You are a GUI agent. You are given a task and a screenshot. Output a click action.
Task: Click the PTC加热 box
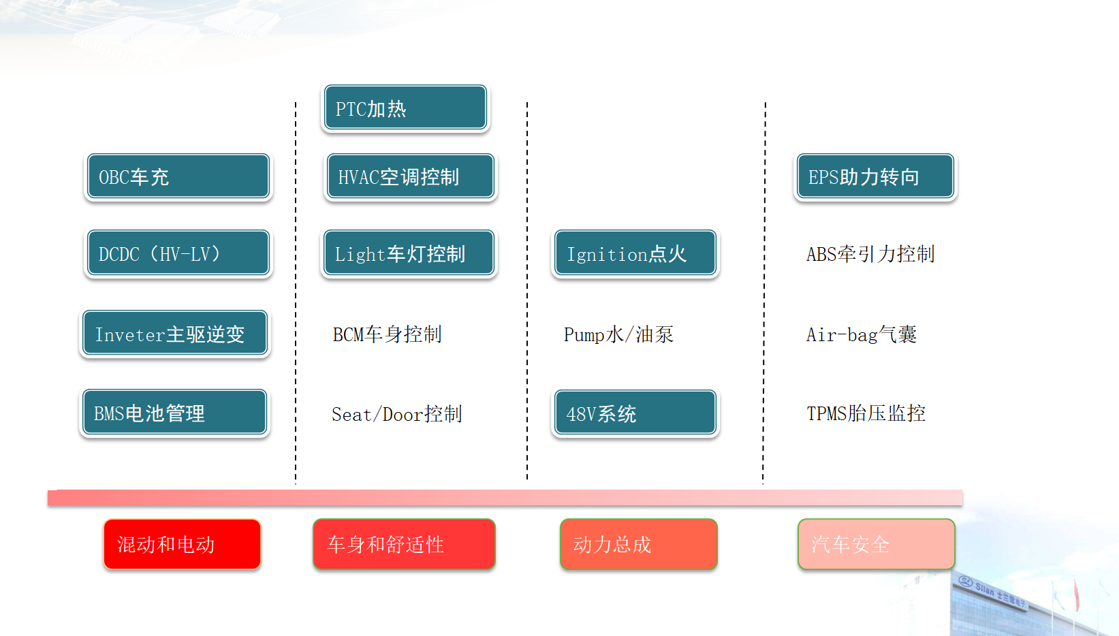(405, 108)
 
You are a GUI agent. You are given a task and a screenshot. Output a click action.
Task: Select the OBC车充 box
(178, 176)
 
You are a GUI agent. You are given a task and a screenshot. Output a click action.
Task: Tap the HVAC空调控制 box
(410, 176)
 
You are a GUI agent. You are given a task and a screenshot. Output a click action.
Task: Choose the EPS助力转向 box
(875, 176)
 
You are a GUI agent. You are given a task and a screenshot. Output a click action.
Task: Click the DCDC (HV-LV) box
(178, 253)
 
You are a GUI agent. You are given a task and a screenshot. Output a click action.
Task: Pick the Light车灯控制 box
(409, 253)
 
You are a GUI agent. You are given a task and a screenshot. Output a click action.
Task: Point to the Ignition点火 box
(635, 253)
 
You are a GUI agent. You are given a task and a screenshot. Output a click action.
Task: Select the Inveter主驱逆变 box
(175, 333)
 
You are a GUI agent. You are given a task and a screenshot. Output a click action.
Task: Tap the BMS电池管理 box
(175, 412)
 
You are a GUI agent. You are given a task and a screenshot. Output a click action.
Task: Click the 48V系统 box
(635, 413)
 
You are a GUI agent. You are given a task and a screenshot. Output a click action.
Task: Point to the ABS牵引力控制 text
(870, 254)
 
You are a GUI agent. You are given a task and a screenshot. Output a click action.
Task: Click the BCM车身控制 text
(387, 334)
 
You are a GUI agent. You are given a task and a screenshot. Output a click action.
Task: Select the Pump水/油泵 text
(618, 334)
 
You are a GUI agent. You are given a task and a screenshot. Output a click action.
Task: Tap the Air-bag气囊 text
(862, 334)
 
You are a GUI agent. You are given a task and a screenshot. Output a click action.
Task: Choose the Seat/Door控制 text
(397, 414)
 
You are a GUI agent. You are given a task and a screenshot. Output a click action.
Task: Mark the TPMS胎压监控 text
(866, 413)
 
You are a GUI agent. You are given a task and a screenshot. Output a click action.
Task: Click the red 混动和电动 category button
(182, 544)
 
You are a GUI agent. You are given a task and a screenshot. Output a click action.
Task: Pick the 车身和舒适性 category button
(404, 544)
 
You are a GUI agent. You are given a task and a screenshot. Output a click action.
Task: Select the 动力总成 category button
(638, 544)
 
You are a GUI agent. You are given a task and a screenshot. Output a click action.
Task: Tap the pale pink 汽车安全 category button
(876, 544)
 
